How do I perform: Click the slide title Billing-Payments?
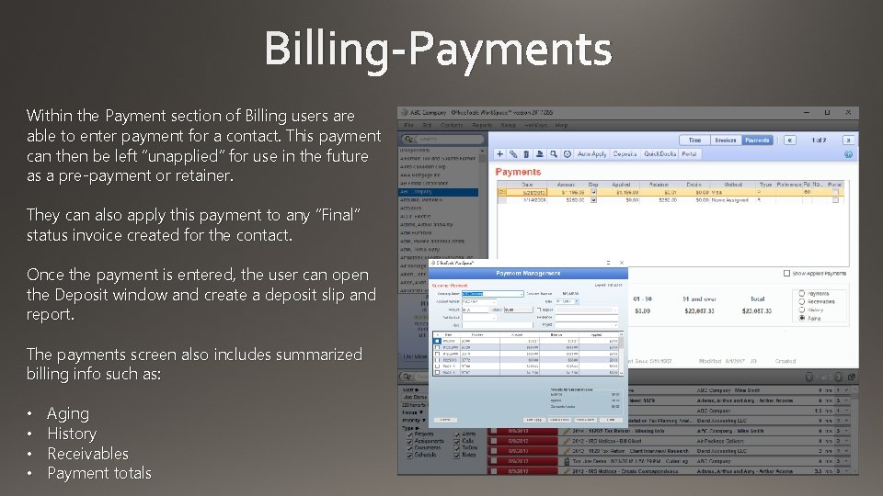click(438, 48)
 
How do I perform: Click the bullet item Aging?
click(68, 413)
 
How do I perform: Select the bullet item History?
click(72, 434)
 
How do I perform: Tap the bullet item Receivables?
click(87, 454)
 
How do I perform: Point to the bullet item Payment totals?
click(99, 474)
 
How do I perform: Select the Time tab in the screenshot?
click(695, 141)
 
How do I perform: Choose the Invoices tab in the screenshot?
click(726, 141)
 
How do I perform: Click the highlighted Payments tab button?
click(757, 141)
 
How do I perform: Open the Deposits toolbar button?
click(625, 154)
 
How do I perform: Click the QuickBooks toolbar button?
click(659, 154)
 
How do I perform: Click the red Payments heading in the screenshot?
click(518, 172)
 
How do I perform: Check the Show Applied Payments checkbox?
click(786, 273)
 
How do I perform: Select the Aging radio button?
click(802, 318)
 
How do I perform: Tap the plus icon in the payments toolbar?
click(499, 154)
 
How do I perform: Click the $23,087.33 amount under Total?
click(757, 311)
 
